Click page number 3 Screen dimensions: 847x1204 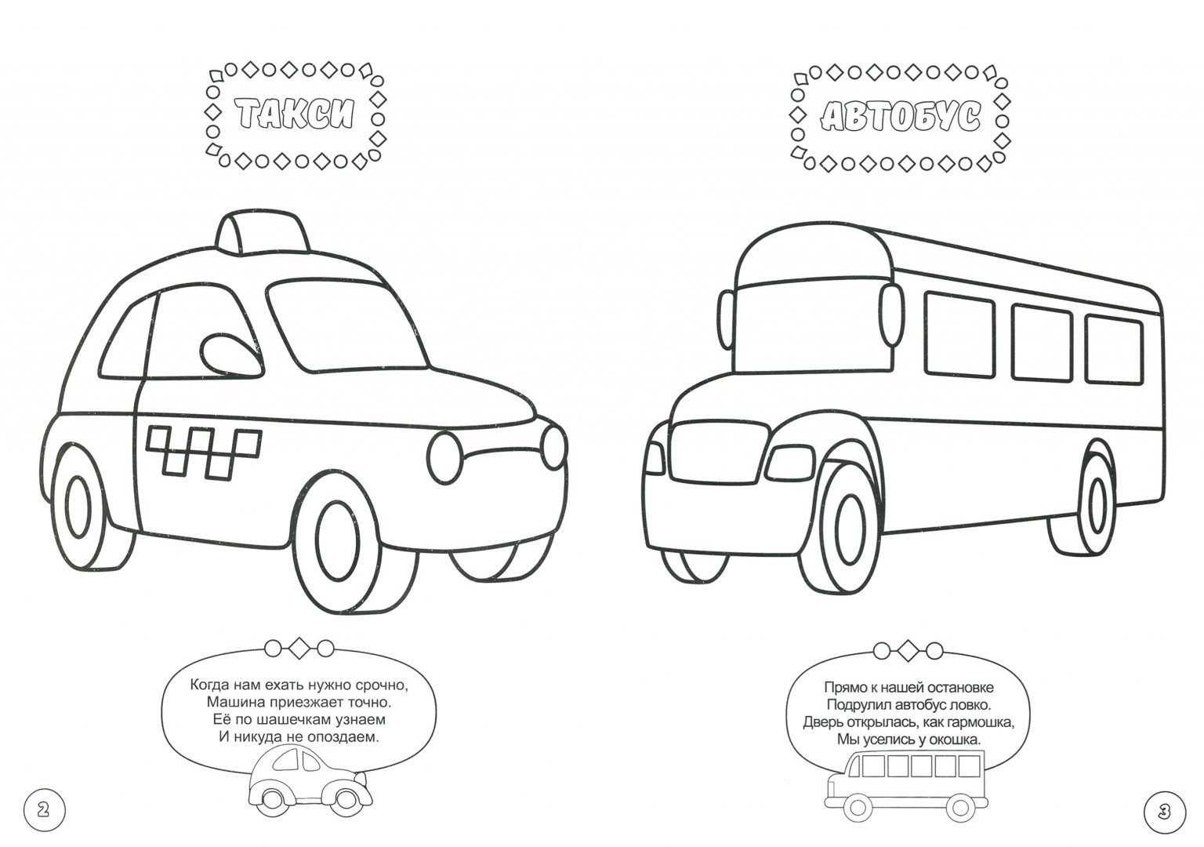click(x=1162, y=811)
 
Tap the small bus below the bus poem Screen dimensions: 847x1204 click(x=905, y=787)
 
